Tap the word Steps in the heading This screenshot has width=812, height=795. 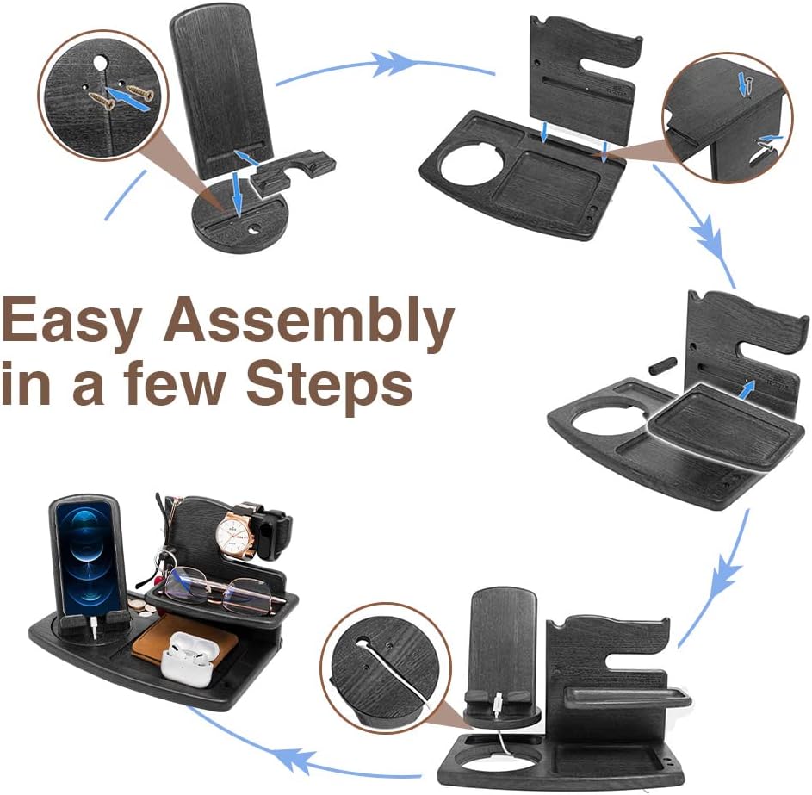[329, 386]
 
